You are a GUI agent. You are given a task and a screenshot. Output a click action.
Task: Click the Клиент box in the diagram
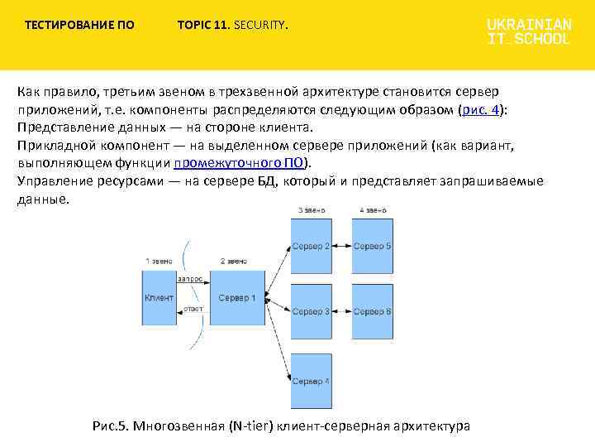[x=159, y=297]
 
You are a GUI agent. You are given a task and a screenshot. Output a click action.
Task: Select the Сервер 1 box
[x=236, y=297]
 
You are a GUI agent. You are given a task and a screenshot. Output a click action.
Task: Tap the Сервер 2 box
[x=311, y=246]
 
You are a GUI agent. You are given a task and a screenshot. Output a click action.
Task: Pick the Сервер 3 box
[x=311, y=311]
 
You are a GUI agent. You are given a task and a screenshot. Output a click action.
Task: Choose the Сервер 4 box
[x=311, y=380]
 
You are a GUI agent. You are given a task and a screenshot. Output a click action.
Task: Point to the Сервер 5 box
[x=372, y=246]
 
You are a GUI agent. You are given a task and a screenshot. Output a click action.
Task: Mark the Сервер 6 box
[x=372, y=311]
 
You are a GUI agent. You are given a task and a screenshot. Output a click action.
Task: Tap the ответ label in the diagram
[x=193, y=309]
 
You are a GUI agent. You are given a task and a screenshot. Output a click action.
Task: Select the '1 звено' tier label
[x=159, y=262]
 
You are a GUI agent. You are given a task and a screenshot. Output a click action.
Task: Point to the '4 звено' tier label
[x=373, y=209]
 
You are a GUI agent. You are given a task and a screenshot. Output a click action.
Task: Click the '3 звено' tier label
[x=311, y=209]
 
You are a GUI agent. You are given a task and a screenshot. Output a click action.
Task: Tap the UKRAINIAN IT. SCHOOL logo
[x=528, y=31]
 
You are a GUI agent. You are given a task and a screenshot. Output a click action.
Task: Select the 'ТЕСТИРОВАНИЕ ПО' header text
[x=79, y=25]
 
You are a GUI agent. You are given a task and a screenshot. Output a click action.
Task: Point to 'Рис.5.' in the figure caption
[x=112, y=426]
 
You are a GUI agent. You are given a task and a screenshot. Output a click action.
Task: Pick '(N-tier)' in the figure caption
[x=250, y=426]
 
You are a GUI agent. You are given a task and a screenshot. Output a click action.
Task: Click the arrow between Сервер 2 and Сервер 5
[x=342, y=246]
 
